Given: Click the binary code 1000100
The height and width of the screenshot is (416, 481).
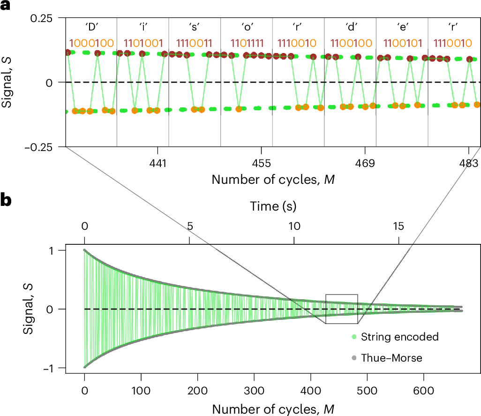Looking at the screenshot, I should click(x=91, y=43).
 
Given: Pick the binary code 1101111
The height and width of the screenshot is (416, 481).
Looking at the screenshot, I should click(x=246, y=43).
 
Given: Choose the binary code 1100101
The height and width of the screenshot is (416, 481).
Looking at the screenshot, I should click(x=402, y=43).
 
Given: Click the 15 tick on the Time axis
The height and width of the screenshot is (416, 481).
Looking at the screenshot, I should click(x=398, y=226).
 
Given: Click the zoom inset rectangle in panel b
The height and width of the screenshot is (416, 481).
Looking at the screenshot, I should click(x=341, y=309).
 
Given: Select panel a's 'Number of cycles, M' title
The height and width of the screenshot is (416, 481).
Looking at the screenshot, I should click(x=273, y=180).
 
